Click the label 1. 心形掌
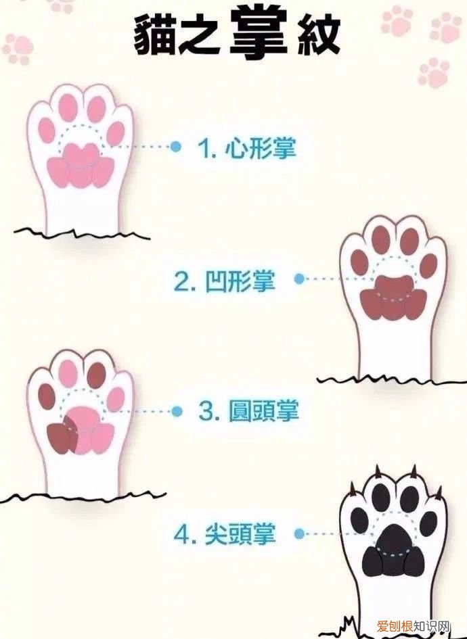pos(247,147)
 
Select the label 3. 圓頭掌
pos(249,411)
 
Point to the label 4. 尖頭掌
pos(225,535)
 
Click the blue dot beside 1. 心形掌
pos(176,147)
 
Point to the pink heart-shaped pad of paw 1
pos(80,166)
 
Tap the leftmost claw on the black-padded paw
pos(352,488)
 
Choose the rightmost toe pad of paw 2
pos(428,265)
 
